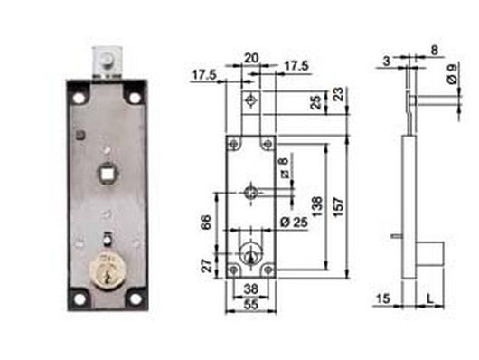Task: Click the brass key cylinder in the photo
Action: pos(106,271)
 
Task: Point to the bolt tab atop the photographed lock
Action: pos(106,62)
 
